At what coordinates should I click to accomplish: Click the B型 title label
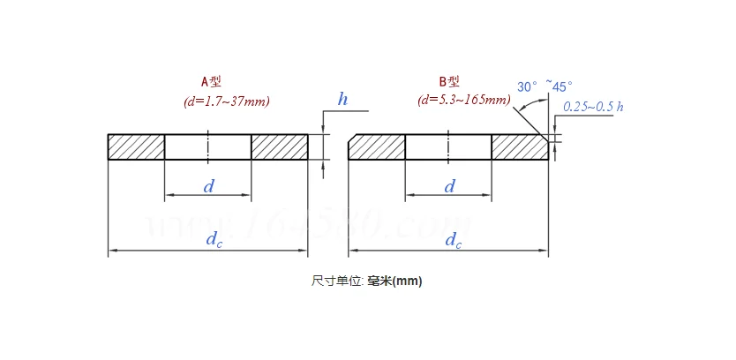(x=451, y=82)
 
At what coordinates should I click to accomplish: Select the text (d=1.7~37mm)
(x=227, y=101)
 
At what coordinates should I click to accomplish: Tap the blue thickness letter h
(x=342, y=99)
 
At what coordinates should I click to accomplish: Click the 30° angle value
(x=528, y=86)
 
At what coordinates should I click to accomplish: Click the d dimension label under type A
(x=209, y=186)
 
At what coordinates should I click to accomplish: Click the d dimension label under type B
(x=449, y=186)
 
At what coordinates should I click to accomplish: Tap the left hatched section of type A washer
(x=136, y=147)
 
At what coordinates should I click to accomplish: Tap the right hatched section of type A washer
(x=280, y=147)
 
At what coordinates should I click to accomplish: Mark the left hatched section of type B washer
(x=378, y=147)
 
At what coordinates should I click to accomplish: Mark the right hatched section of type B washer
(x=519, y=147)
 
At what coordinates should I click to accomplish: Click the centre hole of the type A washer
(x=208, y=147)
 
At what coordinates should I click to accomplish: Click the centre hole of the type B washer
(x=448, y=147)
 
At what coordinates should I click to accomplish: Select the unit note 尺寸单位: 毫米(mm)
(x=367, y=281)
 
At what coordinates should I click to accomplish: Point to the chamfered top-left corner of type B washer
(x=352, y=139)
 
